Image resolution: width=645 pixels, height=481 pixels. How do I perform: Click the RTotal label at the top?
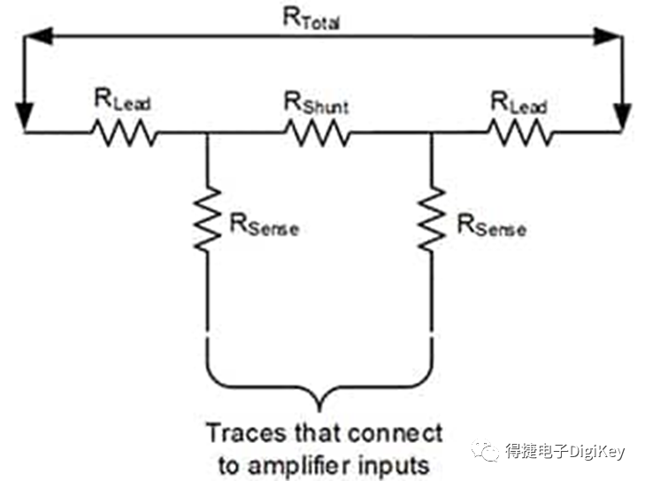[311, 19]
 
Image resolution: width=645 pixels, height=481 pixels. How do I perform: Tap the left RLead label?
[123, 100]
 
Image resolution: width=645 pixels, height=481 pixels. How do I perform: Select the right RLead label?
[518, 103]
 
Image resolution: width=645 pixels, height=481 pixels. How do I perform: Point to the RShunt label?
[317, 103]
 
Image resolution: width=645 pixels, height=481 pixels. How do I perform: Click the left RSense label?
[264, 225]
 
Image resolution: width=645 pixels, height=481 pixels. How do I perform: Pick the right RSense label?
[492, 225]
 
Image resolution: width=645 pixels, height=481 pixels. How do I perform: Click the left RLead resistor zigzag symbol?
[124, 133]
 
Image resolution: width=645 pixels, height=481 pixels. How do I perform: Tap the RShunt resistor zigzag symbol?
[318, 133]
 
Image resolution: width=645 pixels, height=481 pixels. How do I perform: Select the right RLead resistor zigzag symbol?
[520, 133]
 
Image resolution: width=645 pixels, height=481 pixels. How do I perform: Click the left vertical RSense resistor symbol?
[207, 218]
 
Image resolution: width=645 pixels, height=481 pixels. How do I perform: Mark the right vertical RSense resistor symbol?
[432, 218]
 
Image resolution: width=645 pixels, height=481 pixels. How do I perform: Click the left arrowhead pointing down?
[25, 117]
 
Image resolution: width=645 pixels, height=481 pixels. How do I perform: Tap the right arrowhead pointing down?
[623, 117]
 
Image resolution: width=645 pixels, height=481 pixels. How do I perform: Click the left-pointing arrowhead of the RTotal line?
[38, 36]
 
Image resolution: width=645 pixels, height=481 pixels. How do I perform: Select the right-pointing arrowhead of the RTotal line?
[607, 36]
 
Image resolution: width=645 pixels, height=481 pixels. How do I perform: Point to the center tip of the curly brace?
[319, 410]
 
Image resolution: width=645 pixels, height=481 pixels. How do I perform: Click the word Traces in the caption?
[246, 433]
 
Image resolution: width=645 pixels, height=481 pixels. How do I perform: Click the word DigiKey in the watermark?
[597, 452]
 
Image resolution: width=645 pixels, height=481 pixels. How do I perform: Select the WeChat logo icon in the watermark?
[486, 451]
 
